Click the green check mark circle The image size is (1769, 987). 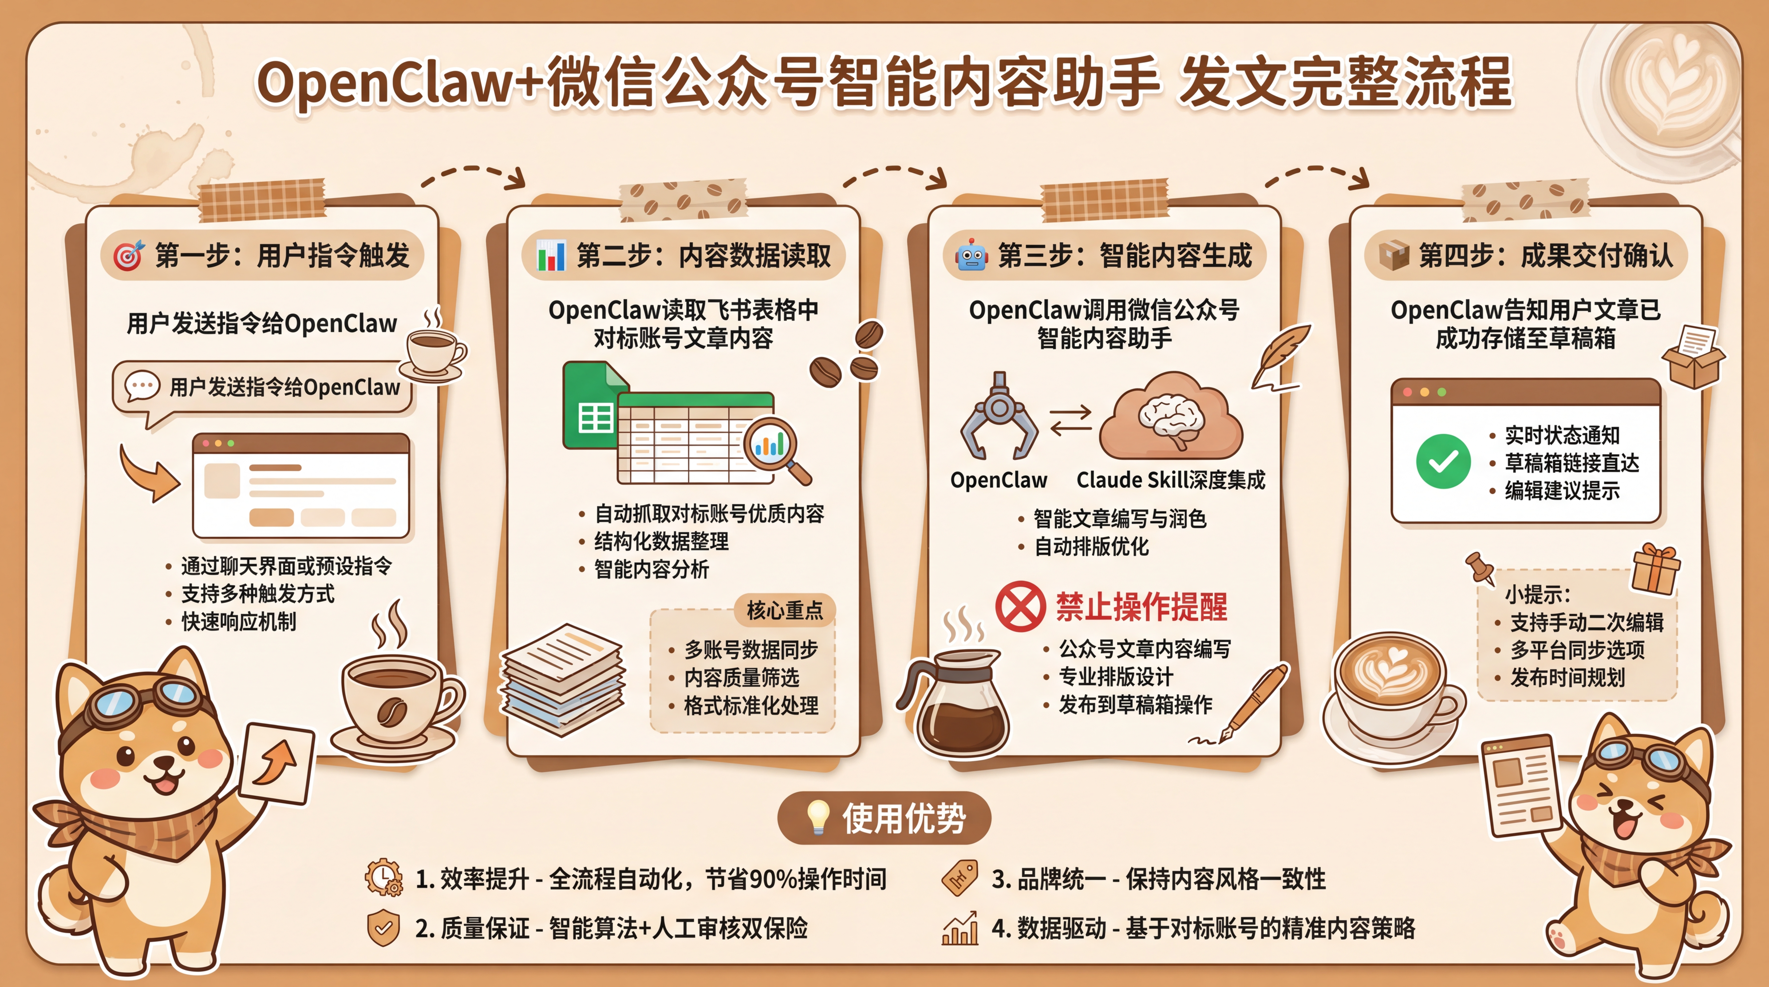1443,461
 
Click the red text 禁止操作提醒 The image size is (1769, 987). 1141,607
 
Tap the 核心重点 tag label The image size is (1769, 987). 784,609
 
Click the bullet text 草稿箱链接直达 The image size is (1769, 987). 1571,463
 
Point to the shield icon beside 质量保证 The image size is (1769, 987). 383,928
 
